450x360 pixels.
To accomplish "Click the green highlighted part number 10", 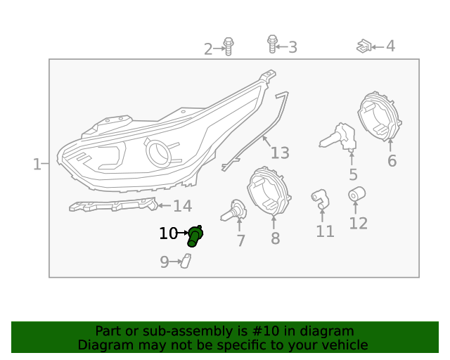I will (195, 236).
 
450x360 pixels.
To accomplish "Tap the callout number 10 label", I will (168, 233).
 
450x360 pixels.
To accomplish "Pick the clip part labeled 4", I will (364, 46).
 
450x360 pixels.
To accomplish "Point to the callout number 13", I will (280, 153).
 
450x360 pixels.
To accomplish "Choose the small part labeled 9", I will (186, 262).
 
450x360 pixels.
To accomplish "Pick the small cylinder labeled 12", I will (356, 193).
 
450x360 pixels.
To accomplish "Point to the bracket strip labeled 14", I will (112, 205).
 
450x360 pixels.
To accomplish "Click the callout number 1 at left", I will (37, 164).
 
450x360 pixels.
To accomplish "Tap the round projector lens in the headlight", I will (159, 150).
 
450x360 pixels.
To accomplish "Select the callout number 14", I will (182, 206).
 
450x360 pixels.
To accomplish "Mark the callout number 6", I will (392, 161).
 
